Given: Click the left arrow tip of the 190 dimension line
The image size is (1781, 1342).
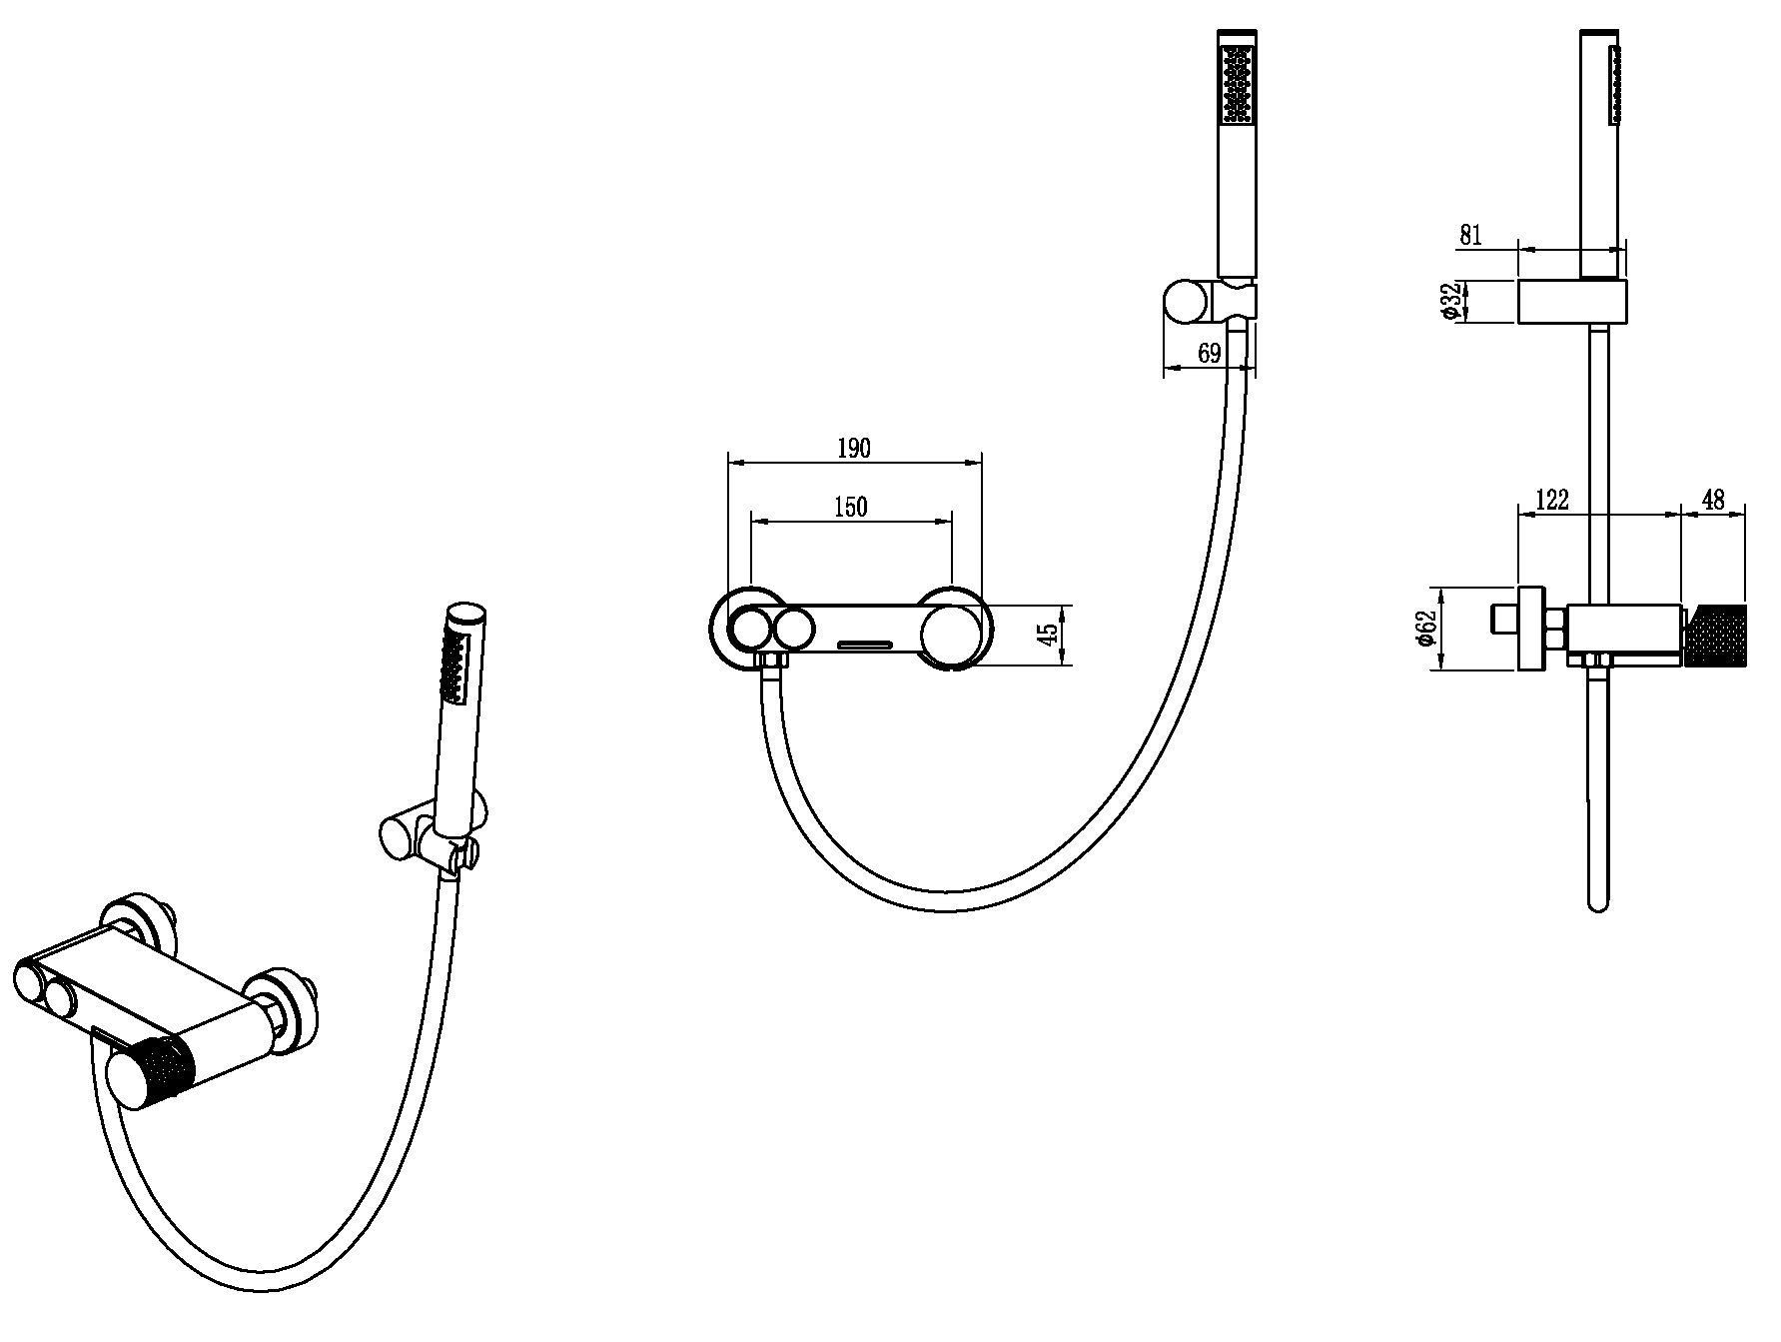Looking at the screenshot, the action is click(730, 462).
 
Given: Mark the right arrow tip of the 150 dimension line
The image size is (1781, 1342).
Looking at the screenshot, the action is click(951, 521).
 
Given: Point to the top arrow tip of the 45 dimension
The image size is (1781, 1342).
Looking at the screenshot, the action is click(1062, 606).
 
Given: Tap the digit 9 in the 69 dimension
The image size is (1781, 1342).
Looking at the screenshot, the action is click(1215, 353).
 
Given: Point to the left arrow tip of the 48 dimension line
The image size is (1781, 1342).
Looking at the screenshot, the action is click(1684, 514).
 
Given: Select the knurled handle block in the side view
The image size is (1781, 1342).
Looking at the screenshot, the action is click(1716, 636).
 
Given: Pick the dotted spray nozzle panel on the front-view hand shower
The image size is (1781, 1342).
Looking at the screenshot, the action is click(1238, 86).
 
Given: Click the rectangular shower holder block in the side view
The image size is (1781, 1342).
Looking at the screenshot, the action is click(1572, 301).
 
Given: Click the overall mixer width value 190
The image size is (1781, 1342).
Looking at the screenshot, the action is click(853, 449).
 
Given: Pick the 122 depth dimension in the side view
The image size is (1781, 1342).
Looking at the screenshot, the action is click(1551, 500).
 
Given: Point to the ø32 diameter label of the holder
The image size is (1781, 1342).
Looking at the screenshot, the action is click(1452, 301).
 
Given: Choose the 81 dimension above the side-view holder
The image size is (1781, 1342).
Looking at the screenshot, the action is click(1470, 236).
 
